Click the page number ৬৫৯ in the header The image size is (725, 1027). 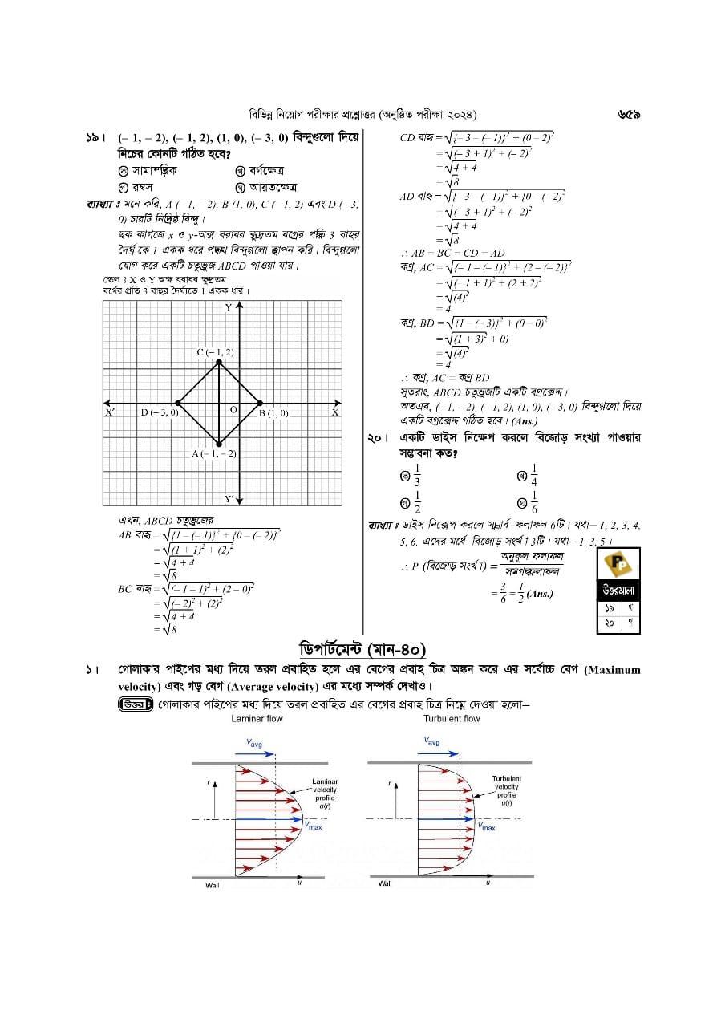(628, 115)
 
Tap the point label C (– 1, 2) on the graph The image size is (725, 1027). (216, 352)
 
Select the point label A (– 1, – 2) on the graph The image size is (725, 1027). (214, 454)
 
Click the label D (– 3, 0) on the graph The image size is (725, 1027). (159, 412)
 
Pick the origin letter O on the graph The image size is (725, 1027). (233, 409)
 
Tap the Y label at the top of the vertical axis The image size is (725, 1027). (228, 307)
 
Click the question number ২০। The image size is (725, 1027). (378, 438)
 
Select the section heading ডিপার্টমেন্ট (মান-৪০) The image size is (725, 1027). (362, 648)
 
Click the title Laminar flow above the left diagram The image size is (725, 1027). (257, 718)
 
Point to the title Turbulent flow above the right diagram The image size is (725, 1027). (452, 718)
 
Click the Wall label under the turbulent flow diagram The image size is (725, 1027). (385, 883)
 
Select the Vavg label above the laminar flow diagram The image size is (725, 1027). (254, 743)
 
